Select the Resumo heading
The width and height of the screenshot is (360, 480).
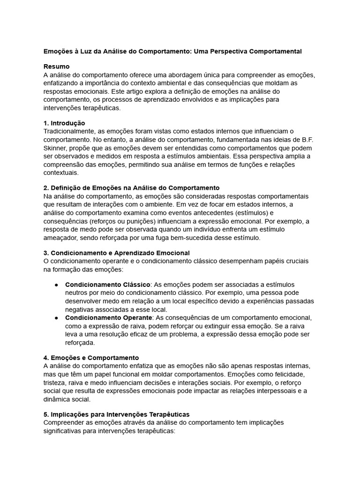(x=56, y=67)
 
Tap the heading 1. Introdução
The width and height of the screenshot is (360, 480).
(x=64, y=123)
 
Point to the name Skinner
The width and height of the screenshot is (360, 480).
(x=56, y=148)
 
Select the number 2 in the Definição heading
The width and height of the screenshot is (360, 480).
(x=45, y=188)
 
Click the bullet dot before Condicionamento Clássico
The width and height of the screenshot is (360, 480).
(x=56, y=285)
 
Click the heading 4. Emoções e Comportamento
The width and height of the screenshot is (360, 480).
(x=91, y=358)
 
